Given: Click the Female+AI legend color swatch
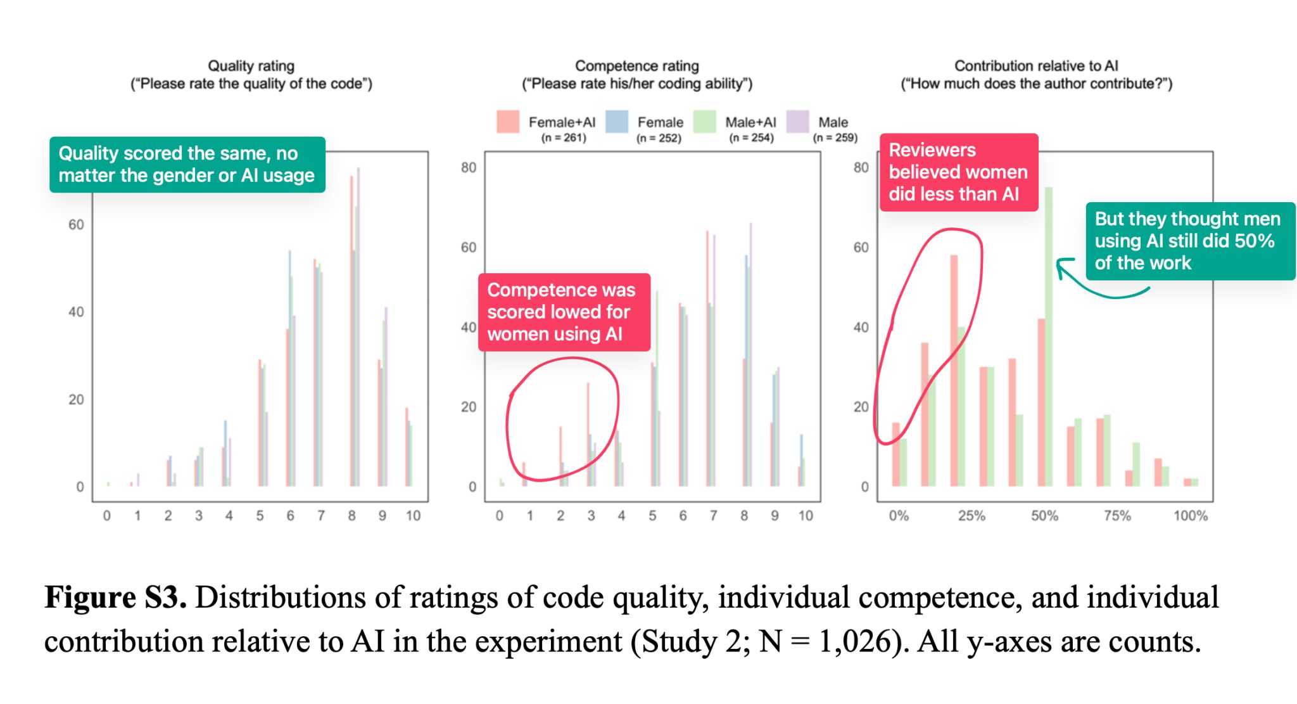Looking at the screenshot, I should (x=508, y=122).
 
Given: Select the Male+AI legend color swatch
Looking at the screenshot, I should (x=704, y=122).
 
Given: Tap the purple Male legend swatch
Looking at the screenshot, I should (x=797, y=122).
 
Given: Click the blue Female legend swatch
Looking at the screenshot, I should (x=617, y=122).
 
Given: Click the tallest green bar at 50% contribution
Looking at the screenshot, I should (x=1049, y=336).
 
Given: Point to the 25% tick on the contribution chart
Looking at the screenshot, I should (x=971, y=516).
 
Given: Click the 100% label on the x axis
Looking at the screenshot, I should (x=1190, y=516).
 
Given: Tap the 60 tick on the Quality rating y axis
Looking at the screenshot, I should (x=76, y=225).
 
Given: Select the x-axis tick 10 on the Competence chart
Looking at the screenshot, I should (x=805, y=516).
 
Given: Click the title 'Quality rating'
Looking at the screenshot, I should (x=251, y=66).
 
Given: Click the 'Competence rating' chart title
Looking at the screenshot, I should (x=636, y=66).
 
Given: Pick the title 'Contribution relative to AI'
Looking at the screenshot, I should (x=1036, y=66).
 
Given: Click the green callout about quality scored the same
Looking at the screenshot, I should (x=187, y=165).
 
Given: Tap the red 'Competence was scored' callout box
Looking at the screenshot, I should (x=564, y=312).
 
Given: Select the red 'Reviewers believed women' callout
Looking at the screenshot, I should (x=958, y=172).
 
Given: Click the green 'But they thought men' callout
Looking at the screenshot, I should (x=1189, y=241).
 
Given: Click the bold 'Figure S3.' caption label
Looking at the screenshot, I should (x=115, y=598).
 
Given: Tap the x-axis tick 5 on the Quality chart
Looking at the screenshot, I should (x=260, y=516).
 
